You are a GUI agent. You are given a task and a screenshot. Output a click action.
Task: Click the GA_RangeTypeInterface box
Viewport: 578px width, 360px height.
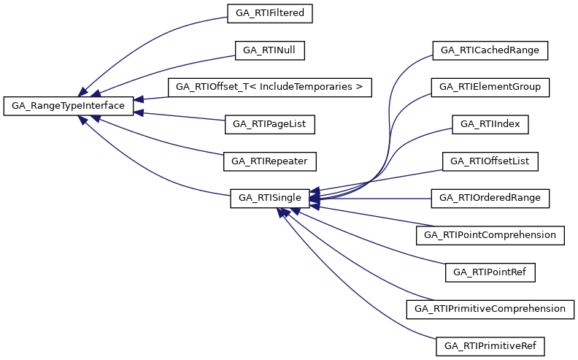pyautogui.click(x=69, y=106)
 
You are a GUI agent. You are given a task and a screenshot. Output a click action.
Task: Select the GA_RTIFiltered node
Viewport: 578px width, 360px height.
pyautogui.click(x=270, y=13)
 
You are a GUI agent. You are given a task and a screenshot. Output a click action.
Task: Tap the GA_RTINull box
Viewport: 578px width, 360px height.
pyautogui.click(x=270, y=50)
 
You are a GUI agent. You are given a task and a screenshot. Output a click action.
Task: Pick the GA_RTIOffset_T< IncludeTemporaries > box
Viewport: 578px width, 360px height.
pyautogui.click(x=270, y=88)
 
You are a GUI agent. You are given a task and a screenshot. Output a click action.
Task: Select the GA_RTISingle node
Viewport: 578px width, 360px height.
pyautogui.click(x=270, y=198)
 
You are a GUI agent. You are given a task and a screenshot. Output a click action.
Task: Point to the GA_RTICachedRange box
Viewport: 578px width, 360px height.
pyautogui.click(x=490, y=50)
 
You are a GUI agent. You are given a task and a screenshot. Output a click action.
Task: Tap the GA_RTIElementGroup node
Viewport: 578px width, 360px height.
pyautogui.click(x=490, y=88)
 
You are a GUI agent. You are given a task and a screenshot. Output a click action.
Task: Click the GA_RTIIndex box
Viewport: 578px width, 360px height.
pyautogui.click(x=490, y=124)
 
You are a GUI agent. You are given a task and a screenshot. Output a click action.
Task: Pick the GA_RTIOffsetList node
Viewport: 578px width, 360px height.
pyautogui.click(x=490, y=161)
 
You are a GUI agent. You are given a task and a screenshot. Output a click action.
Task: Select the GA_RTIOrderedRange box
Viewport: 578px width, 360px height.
pyautogui.click(x=490, y=198)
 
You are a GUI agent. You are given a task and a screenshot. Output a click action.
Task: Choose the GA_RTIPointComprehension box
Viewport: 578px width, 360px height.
pyautogui.click(x=490, y=235)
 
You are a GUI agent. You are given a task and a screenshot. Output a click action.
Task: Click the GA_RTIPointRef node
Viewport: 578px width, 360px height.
pyautogui.click(x=490, y=272)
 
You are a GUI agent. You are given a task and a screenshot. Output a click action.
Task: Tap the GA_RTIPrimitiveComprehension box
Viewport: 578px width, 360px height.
pyautogui.click(x=490, y=309)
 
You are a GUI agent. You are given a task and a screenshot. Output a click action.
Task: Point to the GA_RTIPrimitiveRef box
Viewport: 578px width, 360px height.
pyautogui.click(x=490, y=345)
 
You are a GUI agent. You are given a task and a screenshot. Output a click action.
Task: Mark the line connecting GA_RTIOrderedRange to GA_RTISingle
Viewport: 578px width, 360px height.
pyautogui.click(x=379, y=198)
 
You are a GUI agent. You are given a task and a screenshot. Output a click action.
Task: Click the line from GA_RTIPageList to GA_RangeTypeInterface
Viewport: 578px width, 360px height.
pyautogui.click(x=182, y=117)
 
